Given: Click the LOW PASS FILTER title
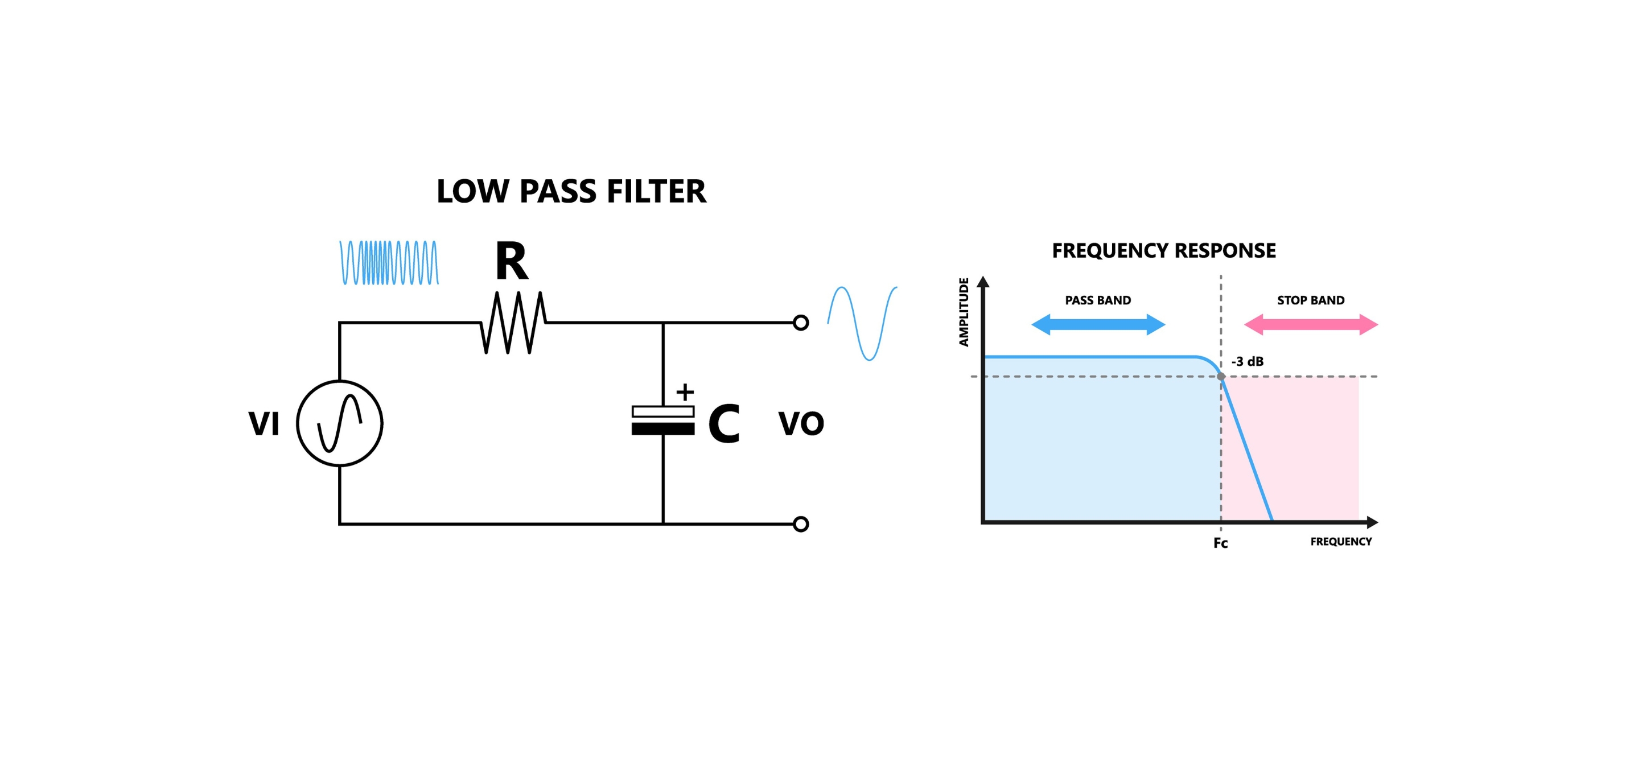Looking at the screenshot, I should pos(571,191).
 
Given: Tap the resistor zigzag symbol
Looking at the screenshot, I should pos(513,322).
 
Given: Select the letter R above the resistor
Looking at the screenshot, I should pos(511,261).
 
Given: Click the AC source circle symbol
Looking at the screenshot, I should pos(340,423).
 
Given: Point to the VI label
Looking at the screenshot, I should pos(264,423).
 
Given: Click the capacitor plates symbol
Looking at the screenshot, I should pos(662,420).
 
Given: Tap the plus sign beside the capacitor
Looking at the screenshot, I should pos(685,393).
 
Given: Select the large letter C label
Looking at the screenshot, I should pos(724,423).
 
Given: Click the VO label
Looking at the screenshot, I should pos(801,423).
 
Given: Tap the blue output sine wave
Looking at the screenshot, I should pos(862,323).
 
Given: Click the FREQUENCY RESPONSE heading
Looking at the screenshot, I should pos(1164,250).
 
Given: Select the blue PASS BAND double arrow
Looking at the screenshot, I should pos(1098,325).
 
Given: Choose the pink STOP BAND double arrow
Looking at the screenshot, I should pos(1311,325).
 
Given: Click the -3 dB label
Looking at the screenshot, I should pos(1247,361).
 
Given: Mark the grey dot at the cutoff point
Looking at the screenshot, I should pos(1221,377).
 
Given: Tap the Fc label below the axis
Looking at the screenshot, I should pos(1221,543).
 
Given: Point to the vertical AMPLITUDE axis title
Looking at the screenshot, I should pos(964,312).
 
